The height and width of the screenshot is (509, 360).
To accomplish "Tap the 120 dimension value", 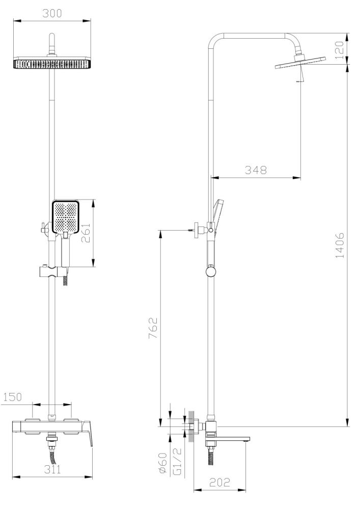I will (340, 49).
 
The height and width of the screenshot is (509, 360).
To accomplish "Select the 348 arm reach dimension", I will (255, 171).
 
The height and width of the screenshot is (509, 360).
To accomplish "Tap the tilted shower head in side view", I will (299, 65).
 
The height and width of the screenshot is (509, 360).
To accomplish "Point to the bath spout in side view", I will (229, 438).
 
